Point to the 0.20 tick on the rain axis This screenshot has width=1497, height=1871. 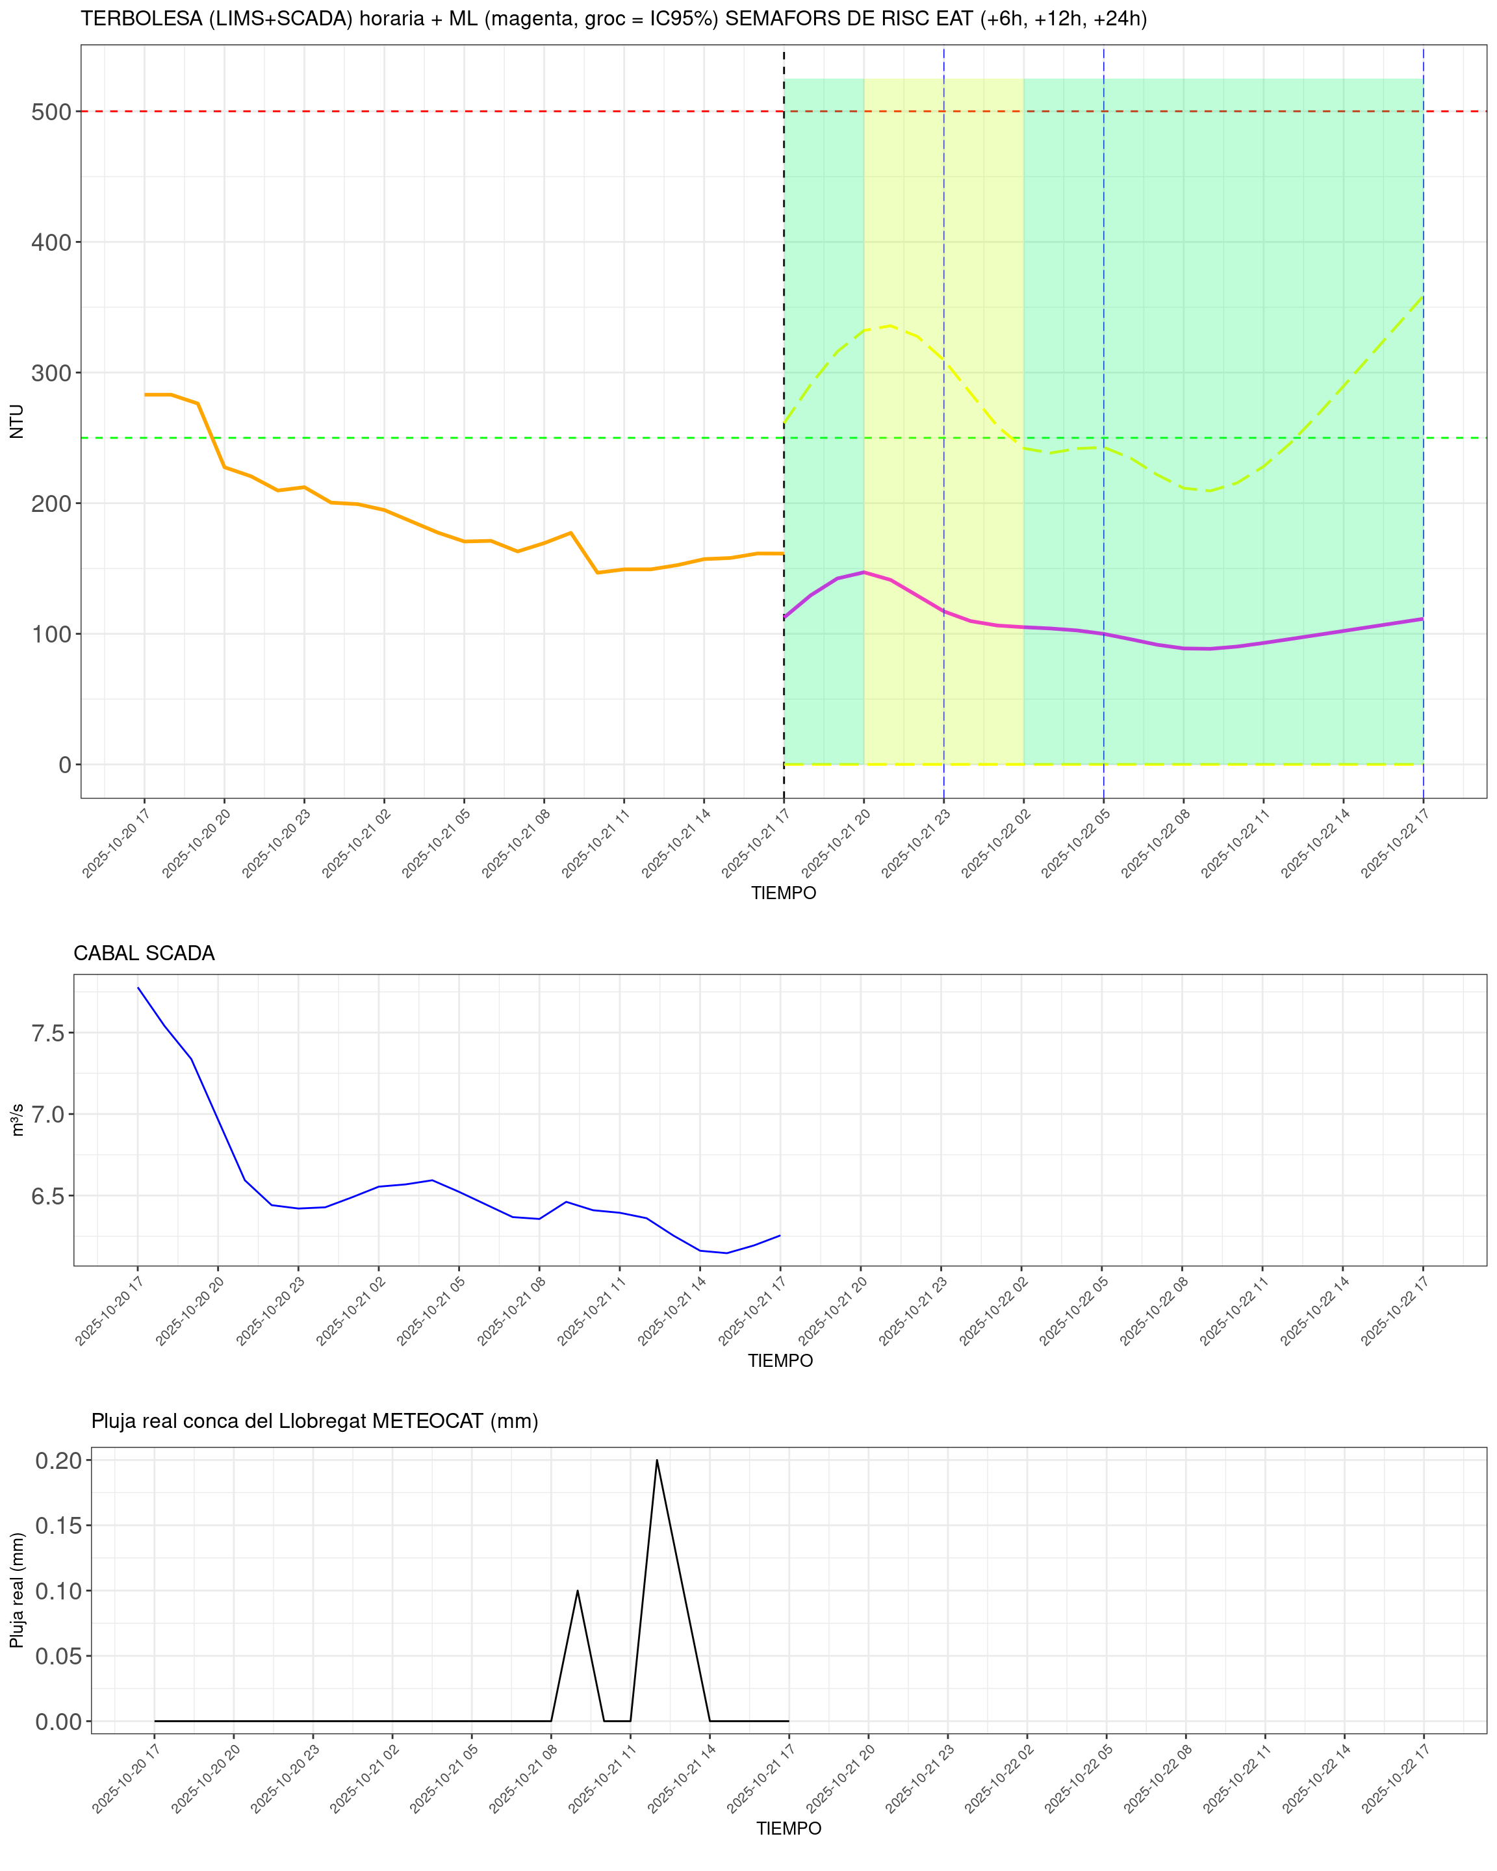click(58, 1460)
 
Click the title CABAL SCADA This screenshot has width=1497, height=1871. click(144, 954)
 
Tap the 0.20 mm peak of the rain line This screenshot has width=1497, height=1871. click(657, 1460)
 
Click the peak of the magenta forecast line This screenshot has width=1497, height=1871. click(864, 572)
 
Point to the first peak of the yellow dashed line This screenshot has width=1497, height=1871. click(889, 325)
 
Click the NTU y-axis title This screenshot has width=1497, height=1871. click(16, 421)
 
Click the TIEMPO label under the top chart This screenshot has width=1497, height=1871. click(783, 893)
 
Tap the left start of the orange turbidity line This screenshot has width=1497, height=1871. click(145, 395)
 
